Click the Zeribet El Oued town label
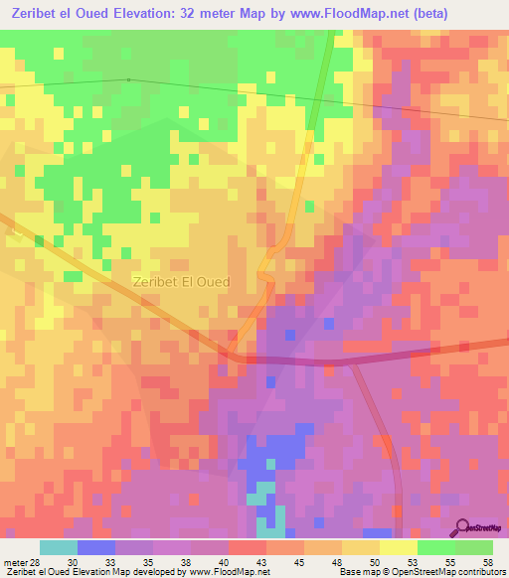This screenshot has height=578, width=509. [181, 282]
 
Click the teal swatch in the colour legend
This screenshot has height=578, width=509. [59, 547]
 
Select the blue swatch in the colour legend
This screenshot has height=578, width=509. [96, 547]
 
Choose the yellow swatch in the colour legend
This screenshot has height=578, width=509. [399, 547]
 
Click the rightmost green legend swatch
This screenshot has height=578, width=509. [474, 547]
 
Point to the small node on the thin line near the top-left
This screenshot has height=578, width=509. [128, 79]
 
